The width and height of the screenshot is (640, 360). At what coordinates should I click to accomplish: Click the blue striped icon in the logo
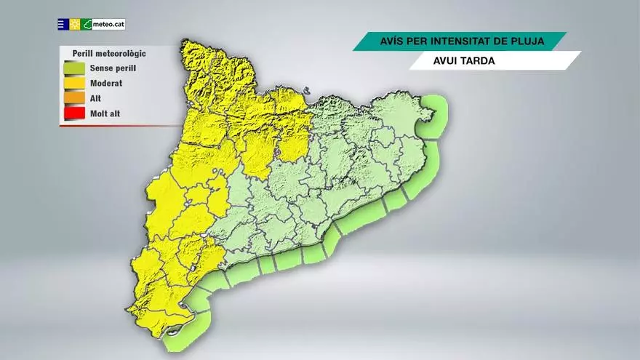(x=63, y=24)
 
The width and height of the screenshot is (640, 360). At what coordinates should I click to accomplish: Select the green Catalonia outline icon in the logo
(x=87, y=24)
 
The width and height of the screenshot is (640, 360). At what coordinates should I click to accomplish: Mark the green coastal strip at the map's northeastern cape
(x=437, y=113)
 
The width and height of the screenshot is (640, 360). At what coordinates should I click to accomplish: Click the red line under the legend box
(x=116, y=125)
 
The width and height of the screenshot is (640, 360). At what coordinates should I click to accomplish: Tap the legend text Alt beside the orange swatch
(x=95, y=98)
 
